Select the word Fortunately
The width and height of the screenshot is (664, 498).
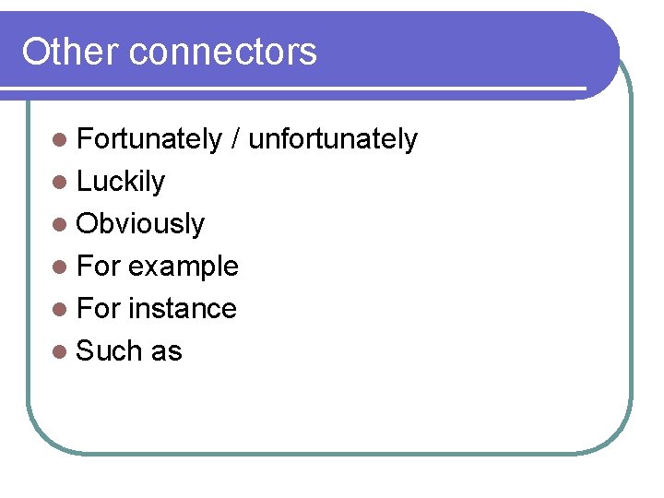tap(149, 139)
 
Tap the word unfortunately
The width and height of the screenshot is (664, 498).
tap(333, 139)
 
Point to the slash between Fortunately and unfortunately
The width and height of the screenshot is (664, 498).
tap(236, 139)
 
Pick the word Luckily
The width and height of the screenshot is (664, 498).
tap(121, 182)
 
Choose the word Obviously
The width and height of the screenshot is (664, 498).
tap(140, 224)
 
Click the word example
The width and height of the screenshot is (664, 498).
tap(184, 267)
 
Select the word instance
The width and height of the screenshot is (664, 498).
tap(183, 309)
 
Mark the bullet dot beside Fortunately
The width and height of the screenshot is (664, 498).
tap(60, 140)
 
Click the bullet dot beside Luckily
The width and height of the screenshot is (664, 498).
tap(60, 183)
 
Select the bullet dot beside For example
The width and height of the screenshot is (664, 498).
tap(60, 267)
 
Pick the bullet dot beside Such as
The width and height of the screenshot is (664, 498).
tap(60, 352)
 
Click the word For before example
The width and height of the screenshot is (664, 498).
tap(98, 267)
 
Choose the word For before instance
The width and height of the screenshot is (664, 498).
tap(98, 309)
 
